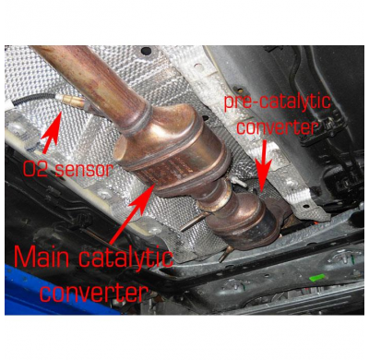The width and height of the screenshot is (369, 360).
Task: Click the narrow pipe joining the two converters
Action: [220, 194]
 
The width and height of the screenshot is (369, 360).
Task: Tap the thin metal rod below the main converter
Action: [190, 222]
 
